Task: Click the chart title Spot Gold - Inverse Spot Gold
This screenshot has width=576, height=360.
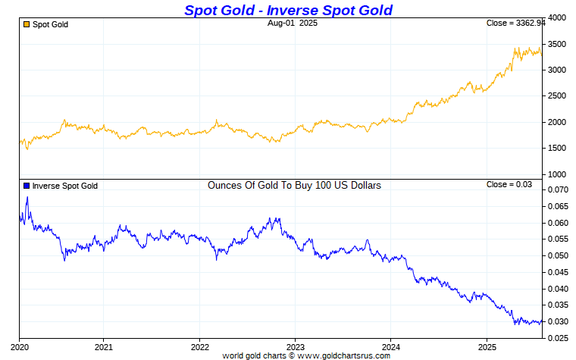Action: (x=288, y=10)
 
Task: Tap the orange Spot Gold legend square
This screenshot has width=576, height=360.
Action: (x=27, y=24)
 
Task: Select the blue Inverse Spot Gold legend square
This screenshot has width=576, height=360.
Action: (x=27, y=186)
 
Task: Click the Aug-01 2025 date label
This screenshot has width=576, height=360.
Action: (x=293, y=23)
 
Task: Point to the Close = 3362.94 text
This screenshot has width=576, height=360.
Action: (x=515, y=23)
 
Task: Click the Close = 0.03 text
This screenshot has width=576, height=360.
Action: (x=509, y=185)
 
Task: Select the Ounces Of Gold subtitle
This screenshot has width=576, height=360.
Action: (x=294, y=185)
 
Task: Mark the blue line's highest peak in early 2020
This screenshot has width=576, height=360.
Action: (x=27, y=197)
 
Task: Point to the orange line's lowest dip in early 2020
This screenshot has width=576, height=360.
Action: (x=27, y=149)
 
